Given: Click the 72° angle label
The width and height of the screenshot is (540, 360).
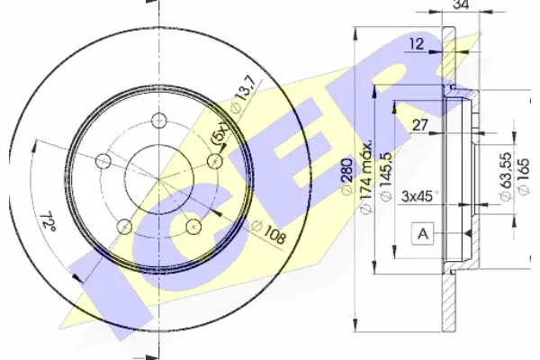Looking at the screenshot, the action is pyautogui.click(x=48, y=221).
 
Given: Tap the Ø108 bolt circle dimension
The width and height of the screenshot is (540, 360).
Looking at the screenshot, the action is pyautogui.click(x=269, y=232).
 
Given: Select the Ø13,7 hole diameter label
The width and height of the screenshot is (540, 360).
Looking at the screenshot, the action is pyautogui.click(x=244, y=94).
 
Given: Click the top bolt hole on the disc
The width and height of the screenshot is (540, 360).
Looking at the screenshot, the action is pyautogui.click(x=158, y=121).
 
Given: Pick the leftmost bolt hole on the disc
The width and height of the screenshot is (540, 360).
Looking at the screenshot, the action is pyautogui.click(x=103, y=161).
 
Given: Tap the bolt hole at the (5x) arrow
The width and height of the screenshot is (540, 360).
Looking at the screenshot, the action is pyautogui.click(x=215, y=161).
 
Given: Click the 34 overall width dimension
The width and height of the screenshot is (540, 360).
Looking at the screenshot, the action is pyautogui.click(x=462, y=4).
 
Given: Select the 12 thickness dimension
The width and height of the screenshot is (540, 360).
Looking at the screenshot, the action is pyautogui.click(x=417, y=44).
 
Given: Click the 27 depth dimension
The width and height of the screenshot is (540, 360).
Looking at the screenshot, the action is pyautogui.click(x=419, y=125).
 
